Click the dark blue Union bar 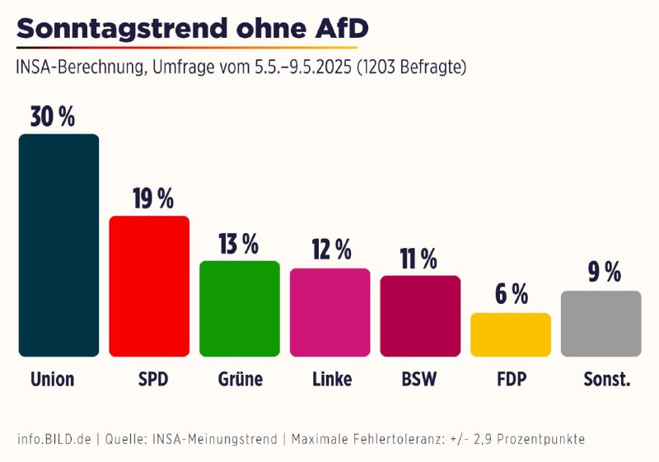[58, 245]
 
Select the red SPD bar [149, 287]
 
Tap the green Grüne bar [240, 309]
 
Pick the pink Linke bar [329, 313]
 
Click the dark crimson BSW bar [420, 316]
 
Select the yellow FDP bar [510, 335]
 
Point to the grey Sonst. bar [601, 324]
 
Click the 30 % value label [53, 117]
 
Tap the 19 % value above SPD [153, 198]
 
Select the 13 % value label [239, 244]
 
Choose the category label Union [53, 380]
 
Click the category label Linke [332, 380]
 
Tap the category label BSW [419, 380]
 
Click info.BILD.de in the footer [54, 439]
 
